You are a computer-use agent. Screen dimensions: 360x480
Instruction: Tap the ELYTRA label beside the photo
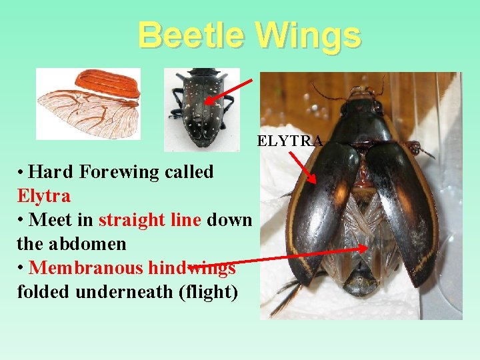[x=289, y=141]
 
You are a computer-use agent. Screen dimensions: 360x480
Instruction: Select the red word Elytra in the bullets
[x=44, y=196]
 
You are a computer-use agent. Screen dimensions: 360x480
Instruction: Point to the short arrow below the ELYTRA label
[x=303, y=166]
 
